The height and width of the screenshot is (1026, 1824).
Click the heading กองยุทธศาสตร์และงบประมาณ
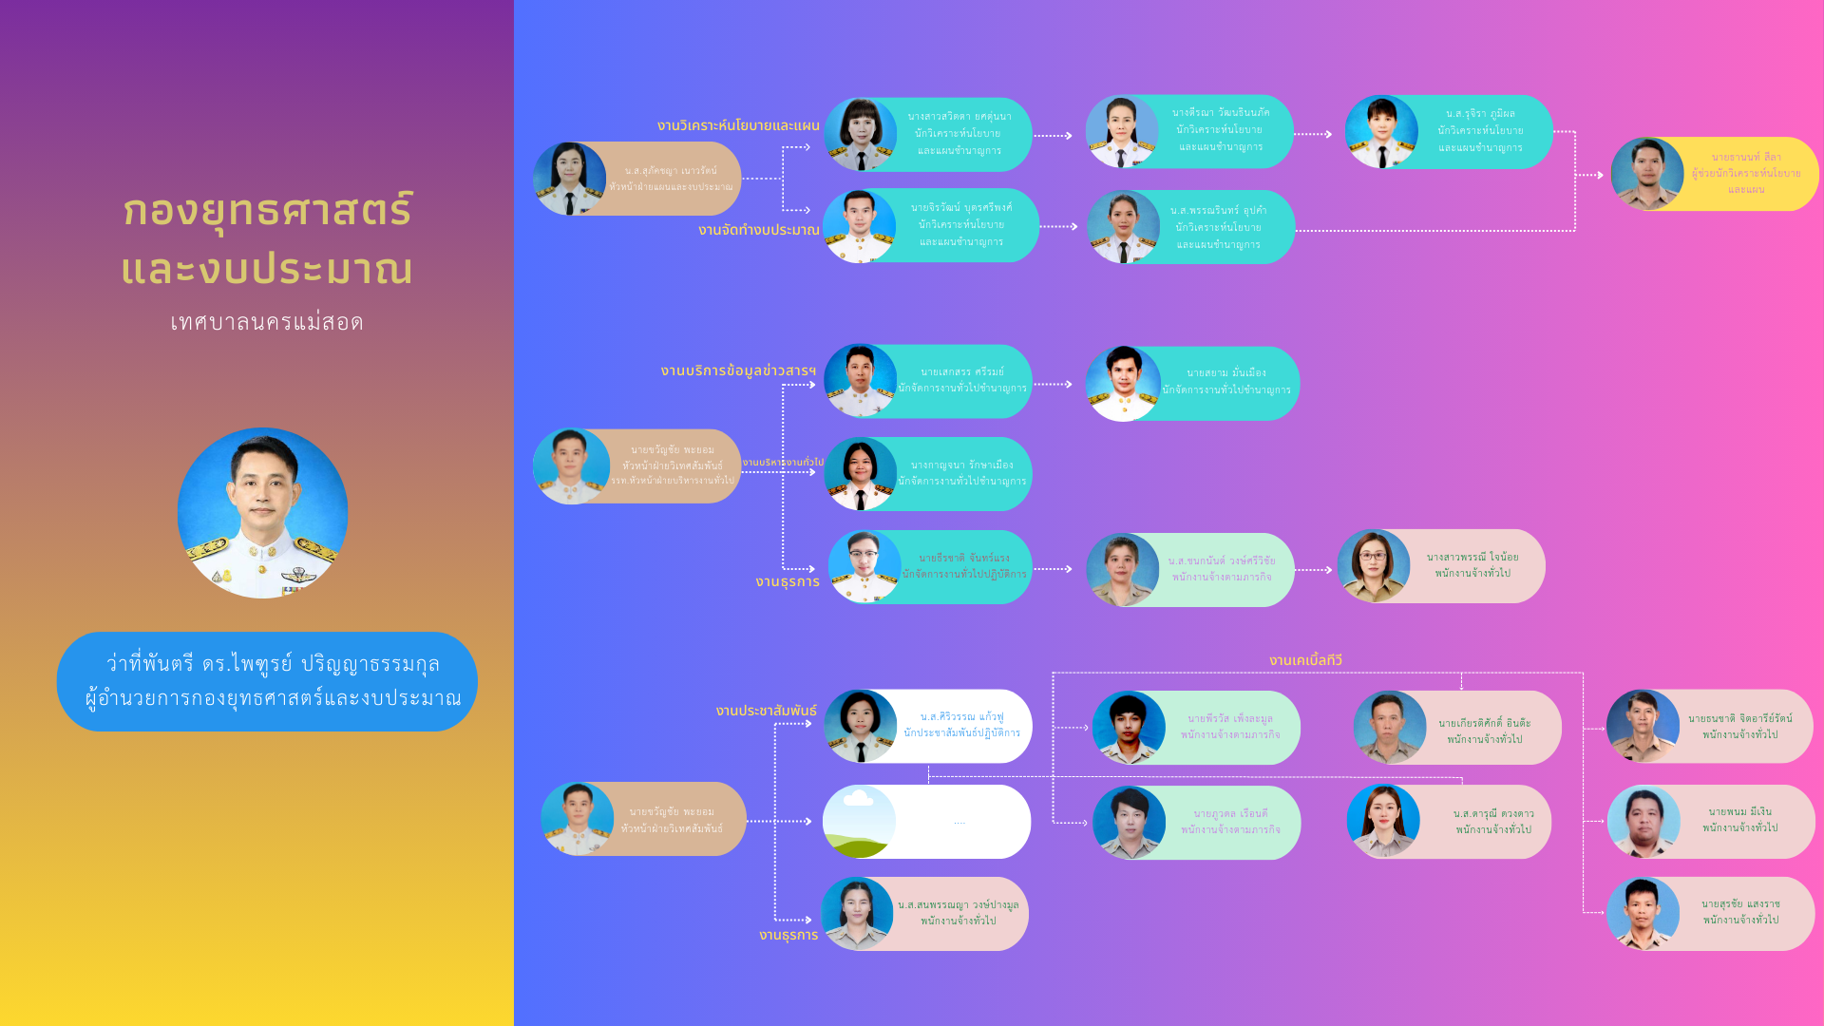(267, 238)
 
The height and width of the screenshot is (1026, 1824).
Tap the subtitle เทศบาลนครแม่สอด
(267, 322)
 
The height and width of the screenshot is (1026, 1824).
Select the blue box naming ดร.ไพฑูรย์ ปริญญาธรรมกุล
(267, 681)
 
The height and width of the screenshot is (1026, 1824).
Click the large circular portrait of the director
(262, 513)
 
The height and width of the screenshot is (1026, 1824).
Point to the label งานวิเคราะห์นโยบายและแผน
(738, 125)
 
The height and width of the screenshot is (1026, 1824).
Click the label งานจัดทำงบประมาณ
(758, 230)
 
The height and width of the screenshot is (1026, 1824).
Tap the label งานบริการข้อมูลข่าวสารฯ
(738, 370)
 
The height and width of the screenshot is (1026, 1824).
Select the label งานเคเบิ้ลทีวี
(1305, 660)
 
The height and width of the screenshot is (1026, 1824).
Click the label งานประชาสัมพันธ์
(766, 711)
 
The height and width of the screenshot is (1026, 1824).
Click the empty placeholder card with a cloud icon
(926, 822)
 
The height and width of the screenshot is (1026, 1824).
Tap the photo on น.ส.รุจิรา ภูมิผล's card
(1381, 132)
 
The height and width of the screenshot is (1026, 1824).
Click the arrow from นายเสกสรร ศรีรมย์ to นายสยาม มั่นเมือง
(1053, 384)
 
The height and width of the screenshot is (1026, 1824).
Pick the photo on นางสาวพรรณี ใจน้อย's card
(1374, 566)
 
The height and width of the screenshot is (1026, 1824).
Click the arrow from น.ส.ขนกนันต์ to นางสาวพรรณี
(1314, 570)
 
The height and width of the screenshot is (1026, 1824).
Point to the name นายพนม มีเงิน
(1739, 811)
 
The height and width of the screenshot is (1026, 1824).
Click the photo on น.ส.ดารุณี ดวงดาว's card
(1383, 822)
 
